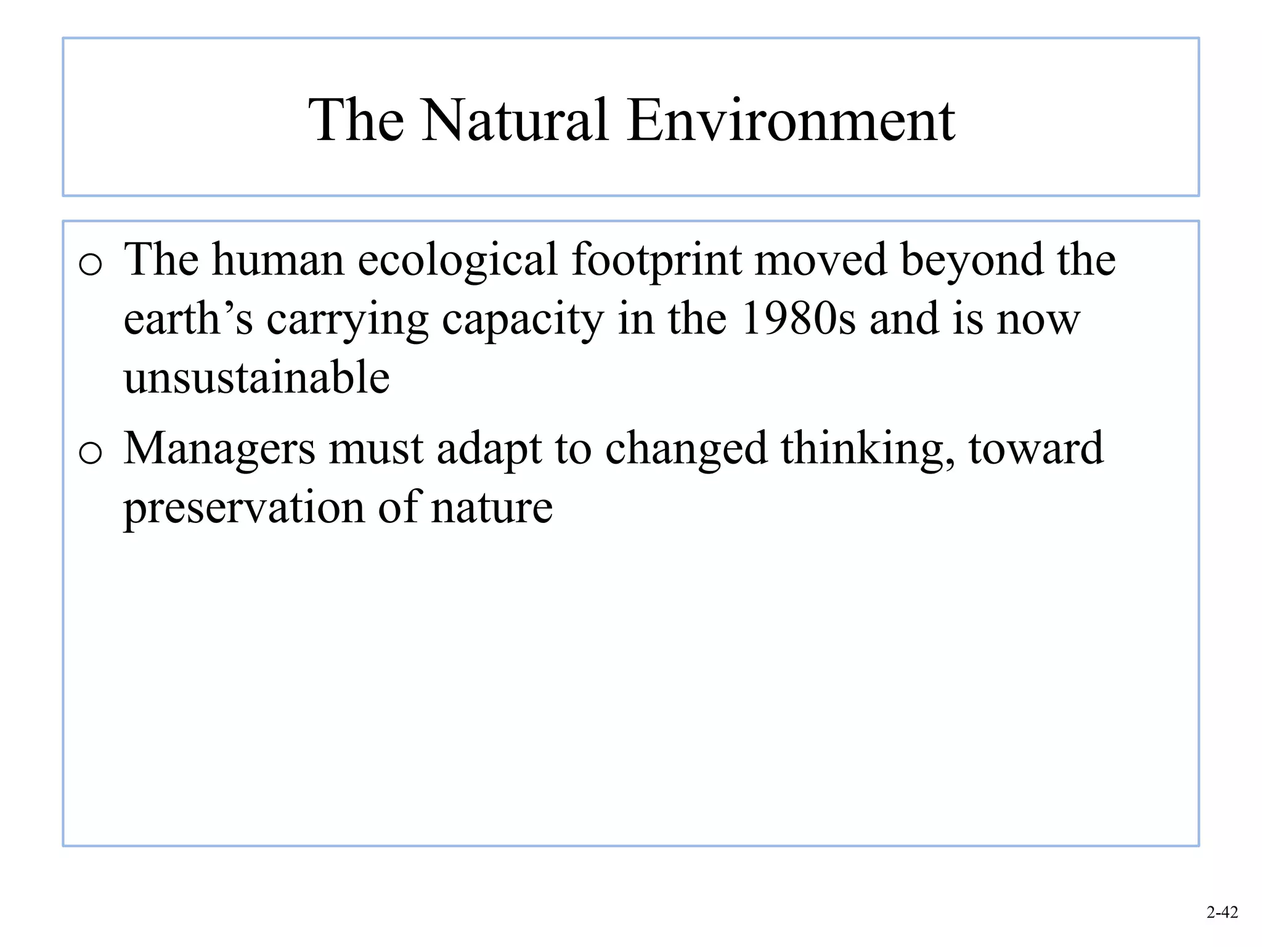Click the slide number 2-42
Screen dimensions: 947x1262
pos(1222,912)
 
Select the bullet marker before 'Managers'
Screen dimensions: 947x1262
pos(91,454)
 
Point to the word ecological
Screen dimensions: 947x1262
pos(457,260)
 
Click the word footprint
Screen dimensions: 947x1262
pos(656,260)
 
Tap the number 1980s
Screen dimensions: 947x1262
pos(797,319)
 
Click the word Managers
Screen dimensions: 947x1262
pos(219,449)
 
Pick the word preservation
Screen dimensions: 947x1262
pos(244,508)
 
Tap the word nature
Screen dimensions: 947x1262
pos(491,508)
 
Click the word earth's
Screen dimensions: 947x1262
pos(188,319)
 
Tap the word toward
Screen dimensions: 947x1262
pos(1036,449)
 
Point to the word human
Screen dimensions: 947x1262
pos(278,260)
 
